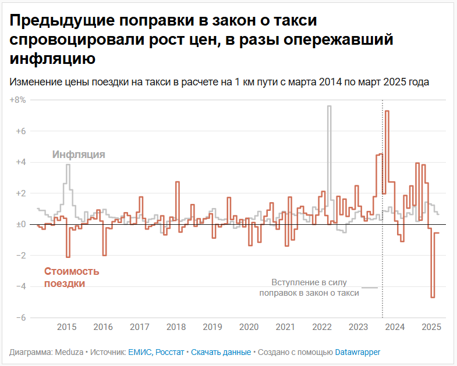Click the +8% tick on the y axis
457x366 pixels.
(x=18, y=100)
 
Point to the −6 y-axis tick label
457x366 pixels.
(x=20, y=317)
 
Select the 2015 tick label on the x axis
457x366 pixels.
(x=67, y=327)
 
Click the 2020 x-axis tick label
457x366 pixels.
(x=249, y=327)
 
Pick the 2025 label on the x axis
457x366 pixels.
(x=431, y=327)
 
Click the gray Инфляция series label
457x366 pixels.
(x=79, y=155)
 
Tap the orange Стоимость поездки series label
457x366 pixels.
(x=72, y=277)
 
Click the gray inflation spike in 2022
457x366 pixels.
(x=329, y=107)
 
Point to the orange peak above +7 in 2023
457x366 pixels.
(x=387, y=112)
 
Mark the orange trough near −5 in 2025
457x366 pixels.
(x=433, y=296)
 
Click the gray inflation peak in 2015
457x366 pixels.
(x=68, y=166)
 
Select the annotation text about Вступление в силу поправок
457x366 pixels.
(x=309, y=288)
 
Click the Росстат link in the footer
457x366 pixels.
(x=171, y=352)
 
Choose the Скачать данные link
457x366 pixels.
(x=221, y=352)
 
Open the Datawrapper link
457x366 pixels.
(x=357, y=352)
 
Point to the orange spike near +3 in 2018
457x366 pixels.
(x=177, y=183)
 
